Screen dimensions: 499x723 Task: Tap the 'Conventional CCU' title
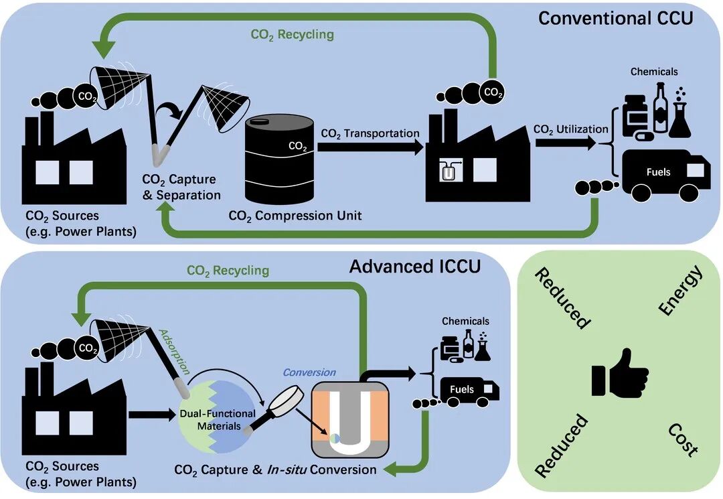coord(615,18)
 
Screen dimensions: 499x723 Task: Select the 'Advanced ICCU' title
coord(414,266)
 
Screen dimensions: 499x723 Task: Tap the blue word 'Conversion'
coord(309,372)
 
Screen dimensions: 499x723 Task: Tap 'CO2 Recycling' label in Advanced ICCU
coord(228,271)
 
